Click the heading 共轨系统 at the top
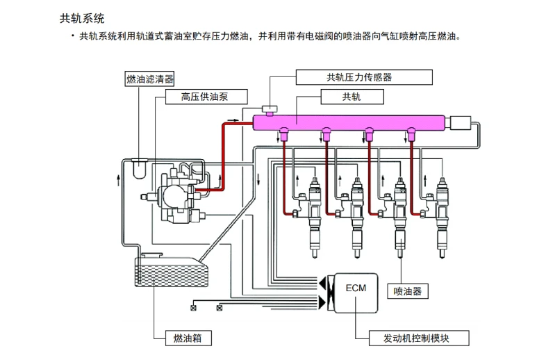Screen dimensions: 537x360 pos(82,18)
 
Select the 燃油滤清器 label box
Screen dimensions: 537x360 pos(149,79)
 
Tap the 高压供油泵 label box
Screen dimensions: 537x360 pos(206,97)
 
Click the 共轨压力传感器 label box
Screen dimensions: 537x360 pos(364,77)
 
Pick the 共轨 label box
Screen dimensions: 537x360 pos(352,97)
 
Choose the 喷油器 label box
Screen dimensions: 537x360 pos(408,291)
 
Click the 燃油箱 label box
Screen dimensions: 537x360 pos(188,338)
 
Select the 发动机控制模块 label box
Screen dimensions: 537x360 pos(419,338)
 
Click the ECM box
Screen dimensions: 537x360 pos(356,293)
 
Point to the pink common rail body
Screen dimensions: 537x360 pos(349,122)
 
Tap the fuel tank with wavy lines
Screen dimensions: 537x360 pos(172,271)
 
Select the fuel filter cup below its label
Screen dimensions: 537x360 pos(139,168)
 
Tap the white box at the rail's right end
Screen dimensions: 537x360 pos(461,123)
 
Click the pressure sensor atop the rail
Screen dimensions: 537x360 pos(270,111)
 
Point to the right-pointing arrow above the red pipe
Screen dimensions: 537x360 pos(233,120)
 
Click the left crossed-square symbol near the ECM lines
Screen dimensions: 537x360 pos(194,308)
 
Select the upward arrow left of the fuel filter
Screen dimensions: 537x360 pos(119,180)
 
